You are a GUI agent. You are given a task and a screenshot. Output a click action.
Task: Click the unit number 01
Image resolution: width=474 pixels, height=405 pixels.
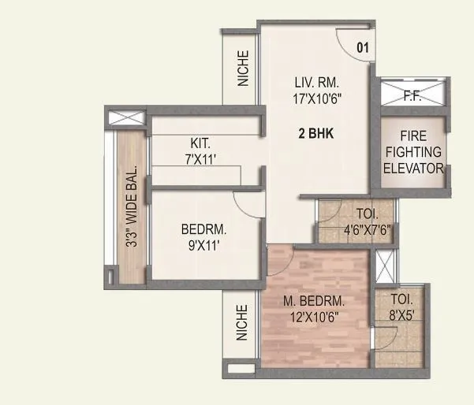coord(363,47)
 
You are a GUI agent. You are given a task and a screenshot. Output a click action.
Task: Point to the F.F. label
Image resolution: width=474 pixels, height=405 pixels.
coord(412,98)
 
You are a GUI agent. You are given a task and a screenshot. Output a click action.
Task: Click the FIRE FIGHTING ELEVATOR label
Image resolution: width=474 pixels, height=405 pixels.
coord(413,150)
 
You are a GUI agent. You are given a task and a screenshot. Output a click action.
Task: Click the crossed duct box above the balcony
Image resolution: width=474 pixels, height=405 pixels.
coord(127,121)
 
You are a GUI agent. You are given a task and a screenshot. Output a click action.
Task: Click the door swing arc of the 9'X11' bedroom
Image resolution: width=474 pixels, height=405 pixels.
coord(251,204)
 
